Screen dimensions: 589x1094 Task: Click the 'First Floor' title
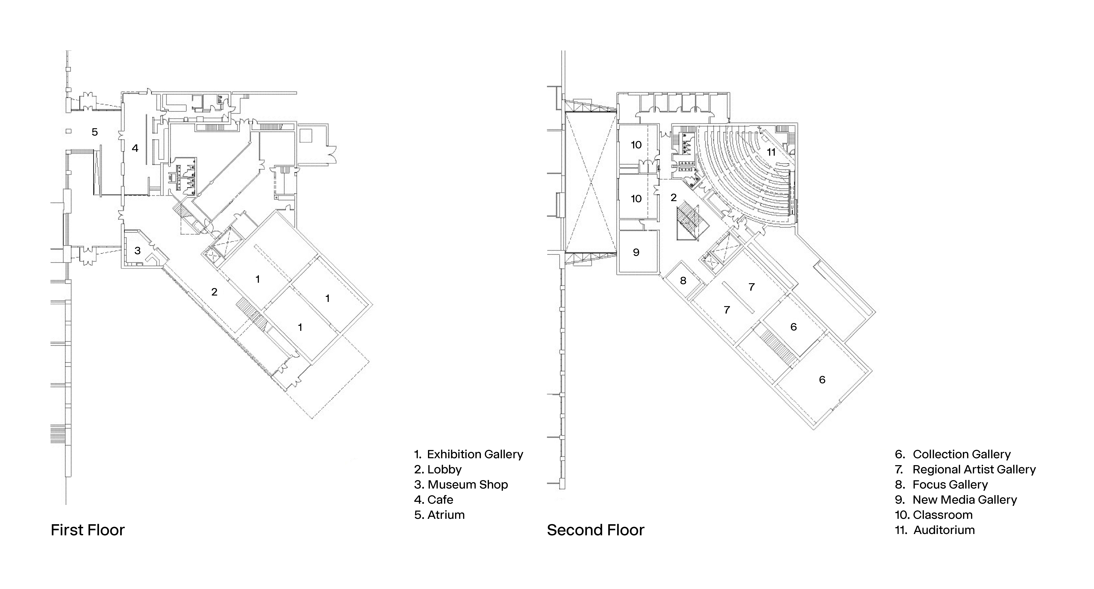click(88, 530)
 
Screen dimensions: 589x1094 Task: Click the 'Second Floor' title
click(595, 530)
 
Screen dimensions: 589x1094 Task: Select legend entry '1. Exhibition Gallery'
click(468, 454)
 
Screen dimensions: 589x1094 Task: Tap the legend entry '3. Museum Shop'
click(461, 484)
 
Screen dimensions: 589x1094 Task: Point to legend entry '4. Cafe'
click(434, 500)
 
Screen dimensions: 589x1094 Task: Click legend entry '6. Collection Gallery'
click(953, 454)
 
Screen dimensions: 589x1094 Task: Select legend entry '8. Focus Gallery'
click(941, 484)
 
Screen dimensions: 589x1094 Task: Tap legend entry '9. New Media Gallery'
click(955, 500)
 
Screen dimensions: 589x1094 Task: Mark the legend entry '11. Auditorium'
click(935, 530)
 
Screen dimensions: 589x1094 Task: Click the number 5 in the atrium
click(95, 132)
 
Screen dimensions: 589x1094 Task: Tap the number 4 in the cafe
click(135, 148)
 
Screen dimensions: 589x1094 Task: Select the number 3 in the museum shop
click(138, 251)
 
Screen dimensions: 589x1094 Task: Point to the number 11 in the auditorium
click(771, 152)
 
